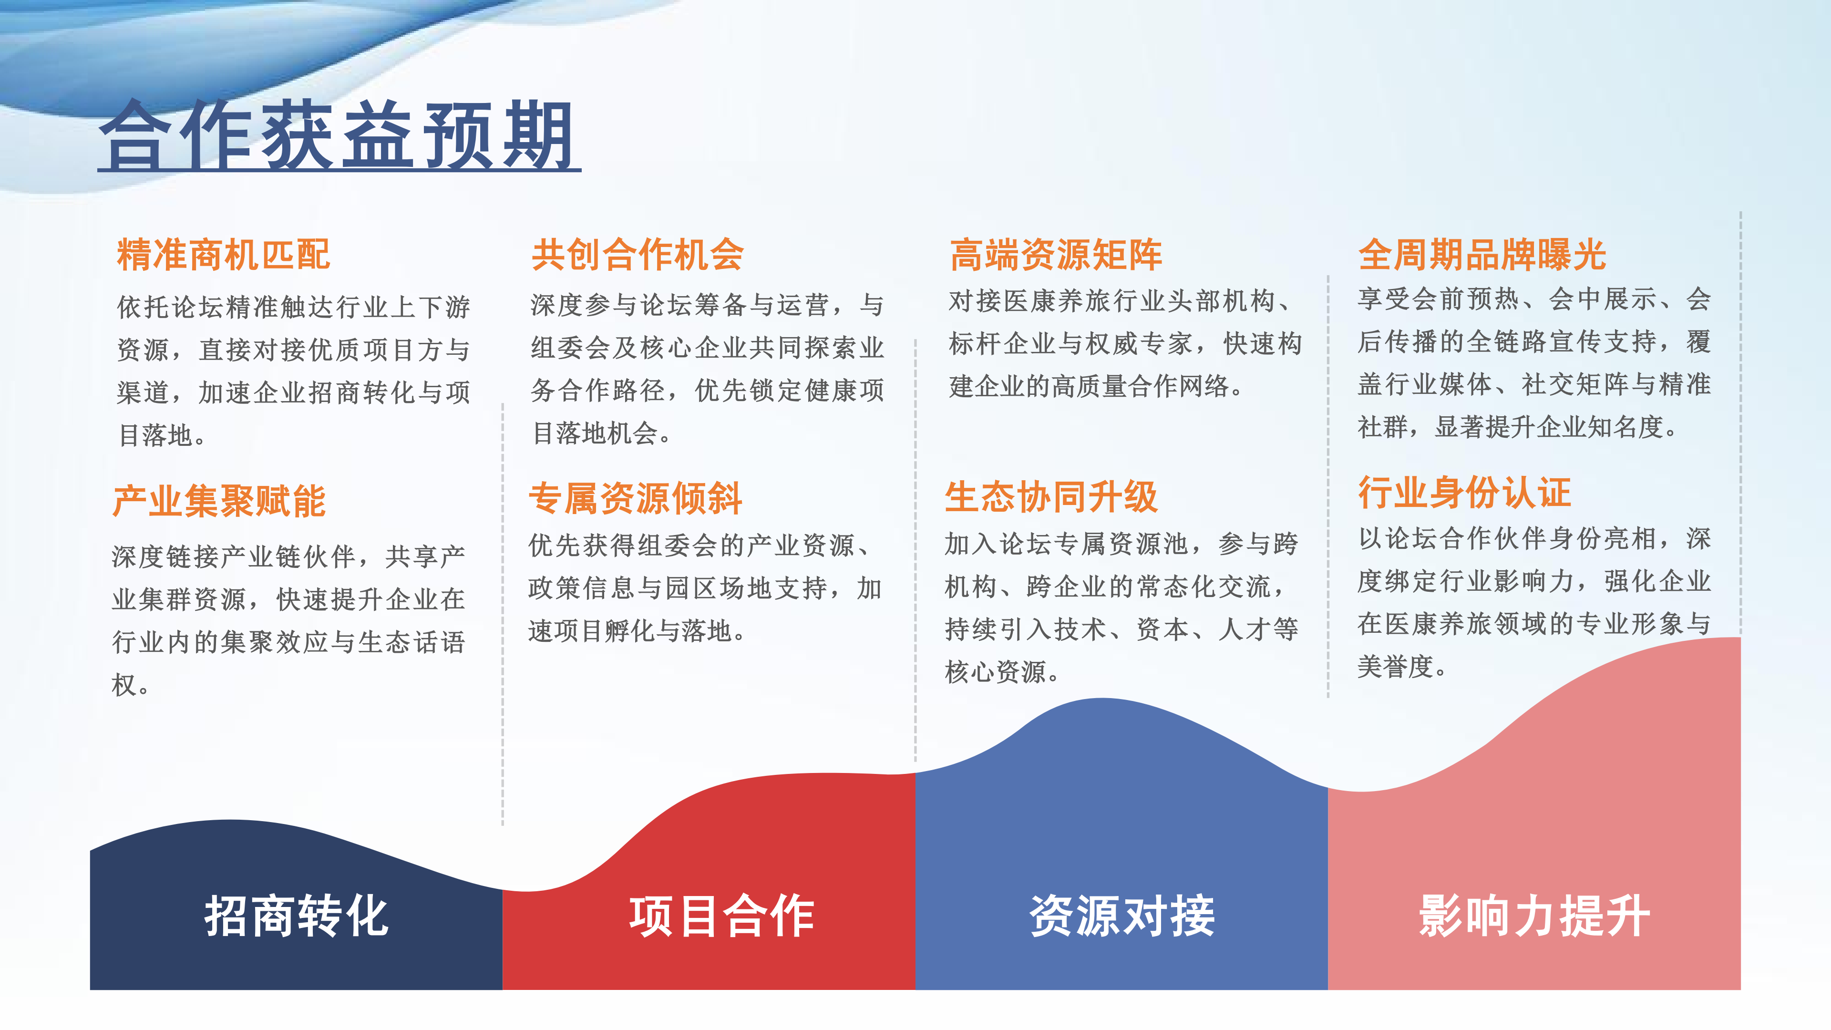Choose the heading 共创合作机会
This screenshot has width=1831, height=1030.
pyautogui.click(x=638, y=255)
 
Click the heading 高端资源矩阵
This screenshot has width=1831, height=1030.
pyautogui.click(x=1056, y=255)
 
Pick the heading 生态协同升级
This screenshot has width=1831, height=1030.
pyautogui.click(x=1051, y=496)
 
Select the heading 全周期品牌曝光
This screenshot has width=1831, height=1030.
pyautogui.click(x=1482, y=255)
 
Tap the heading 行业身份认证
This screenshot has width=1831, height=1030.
pyautogui.click(x=1464, y=492)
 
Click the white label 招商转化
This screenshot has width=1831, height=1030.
pyautogui.click(x=297, y=916)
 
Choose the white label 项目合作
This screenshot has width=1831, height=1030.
pyautogui.click(x=721, y=916)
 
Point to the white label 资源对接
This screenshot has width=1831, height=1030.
pyautogui.click(x=1122, y=916)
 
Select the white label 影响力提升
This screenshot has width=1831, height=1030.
pyautogui.click(x=1534, y=916)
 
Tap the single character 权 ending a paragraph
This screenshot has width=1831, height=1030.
pyautogui.click(x=123, y=685)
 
